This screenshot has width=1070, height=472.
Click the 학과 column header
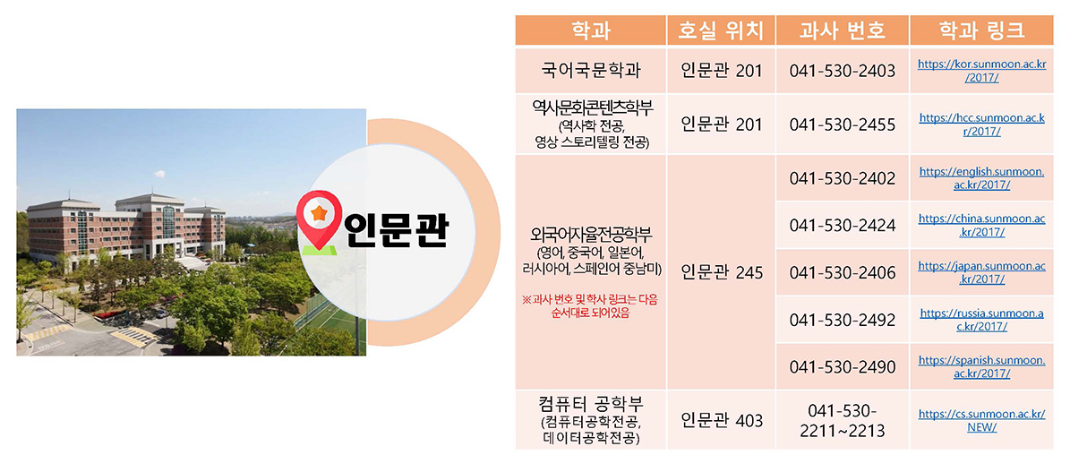click(590, 30)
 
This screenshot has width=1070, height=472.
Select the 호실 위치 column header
click(721, 30)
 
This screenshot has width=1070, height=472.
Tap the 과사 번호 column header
click(842, 30)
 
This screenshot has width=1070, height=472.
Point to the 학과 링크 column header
click(981, 30)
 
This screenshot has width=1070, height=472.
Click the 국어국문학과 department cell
click(590, 71)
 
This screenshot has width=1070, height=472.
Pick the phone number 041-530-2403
click(842, 71)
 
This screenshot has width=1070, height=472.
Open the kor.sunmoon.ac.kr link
click(982, 71)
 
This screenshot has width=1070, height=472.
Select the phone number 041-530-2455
click(842, 125)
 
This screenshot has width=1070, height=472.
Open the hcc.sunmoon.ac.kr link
click(982, 125)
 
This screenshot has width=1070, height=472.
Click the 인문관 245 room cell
click(722, 272)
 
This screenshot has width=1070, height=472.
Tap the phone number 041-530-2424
click(842, 225)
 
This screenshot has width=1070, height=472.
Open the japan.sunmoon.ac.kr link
click(982, 272)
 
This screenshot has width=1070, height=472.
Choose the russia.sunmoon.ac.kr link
click(982, 320)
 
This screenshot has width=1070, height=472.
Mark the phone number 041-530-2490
click(842, 367)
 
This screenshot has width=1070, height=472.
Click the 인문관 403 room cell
click(722, 420)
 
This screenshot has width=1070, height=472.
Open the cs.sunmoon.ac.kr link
click(982, 420)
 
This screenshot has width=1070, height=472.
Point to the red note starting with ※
click(590, 307)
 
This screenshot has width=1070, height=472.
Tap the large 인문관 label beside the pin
click(397, 230)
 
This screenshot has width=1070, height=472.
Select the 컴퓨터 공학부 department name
click(590, 401)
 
